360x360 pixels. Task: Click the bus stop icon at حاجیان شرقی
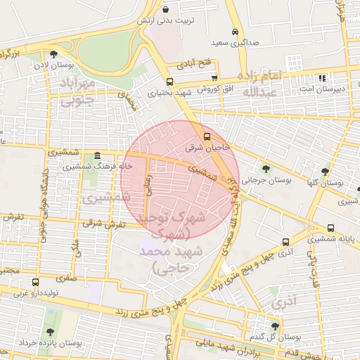point(206,136)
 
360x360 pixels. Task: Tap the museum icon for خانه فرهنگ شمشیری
point(96,155)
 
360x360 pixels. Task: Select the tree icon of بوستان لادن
point(53,54)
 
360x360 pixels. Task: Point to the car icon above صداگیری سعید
point(235,32)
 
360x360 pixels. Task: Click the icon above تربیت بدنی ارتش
point(165,10)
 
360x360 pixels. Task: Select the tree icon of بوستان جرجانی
point(265,168)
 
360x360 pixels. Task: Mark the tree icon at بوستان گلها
point(325,171)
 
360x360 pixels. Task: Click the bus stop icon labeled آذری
point(285,240)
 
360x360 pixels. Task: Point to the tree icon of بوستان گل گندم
point(275,326)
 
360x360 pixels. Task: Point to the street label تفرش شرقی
point(103,224)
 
